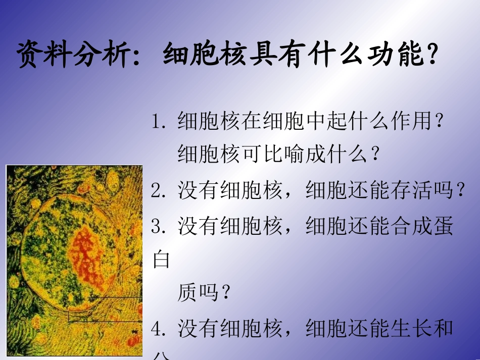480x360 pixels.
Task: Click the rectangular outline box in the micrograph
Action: (x=106, y=309)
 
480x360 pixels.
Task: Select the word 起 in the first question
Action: (x=338, y=122)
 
